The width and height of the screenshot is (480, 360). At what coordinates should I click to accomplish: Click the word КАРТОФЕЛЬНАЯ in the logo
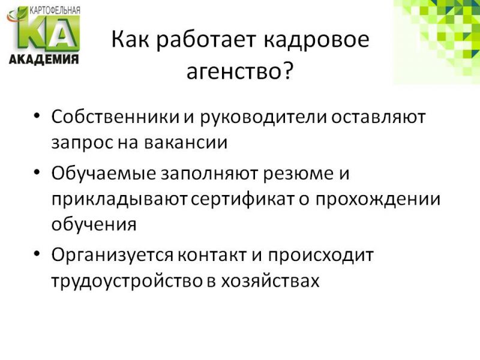coord(55,10)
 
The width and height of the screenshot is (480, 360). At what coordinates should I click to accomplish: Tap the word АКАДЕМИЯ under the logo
coord(44,59)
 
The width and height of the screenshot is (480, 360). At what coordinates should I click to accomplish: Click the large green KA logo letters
coord(49,33)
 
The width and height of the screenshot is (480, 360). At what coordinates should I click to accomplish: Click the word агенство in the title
coord(233,73)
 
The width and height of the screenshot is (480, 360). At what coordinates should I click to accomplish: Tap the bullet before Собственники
coord(37,116)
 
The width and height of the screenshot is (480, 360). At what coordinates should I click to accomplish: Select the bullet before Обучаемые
coord(37,172)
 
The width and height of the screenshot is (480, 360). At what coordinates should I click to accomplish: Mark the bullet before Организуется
coord(37,254)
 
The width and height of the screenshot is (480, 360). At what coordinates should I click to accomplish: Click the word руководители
coord(263,117)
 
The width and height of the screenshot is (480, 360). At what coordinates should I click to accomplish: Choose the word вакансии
coord(186,143)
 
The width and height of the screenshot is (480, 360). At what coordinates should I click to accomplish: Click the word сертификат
coord(242,199)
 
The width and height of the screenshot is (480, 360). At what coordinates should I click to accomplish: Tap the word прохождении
coord(378,199)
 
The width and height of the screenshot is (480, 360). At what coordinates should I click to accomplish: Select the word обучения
coord(94,224)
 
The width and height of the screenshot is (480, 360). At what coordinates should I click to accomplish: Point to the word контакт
coord(212,255)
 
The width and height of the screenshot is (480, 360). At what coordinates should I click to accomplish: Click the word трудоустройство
coord(127,281)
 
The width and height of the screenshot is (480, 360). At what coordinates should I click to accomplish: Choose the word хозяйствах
coord(271,280)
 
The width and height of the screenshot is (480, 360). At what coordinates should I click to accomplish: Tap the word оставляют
coord(379,117)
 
